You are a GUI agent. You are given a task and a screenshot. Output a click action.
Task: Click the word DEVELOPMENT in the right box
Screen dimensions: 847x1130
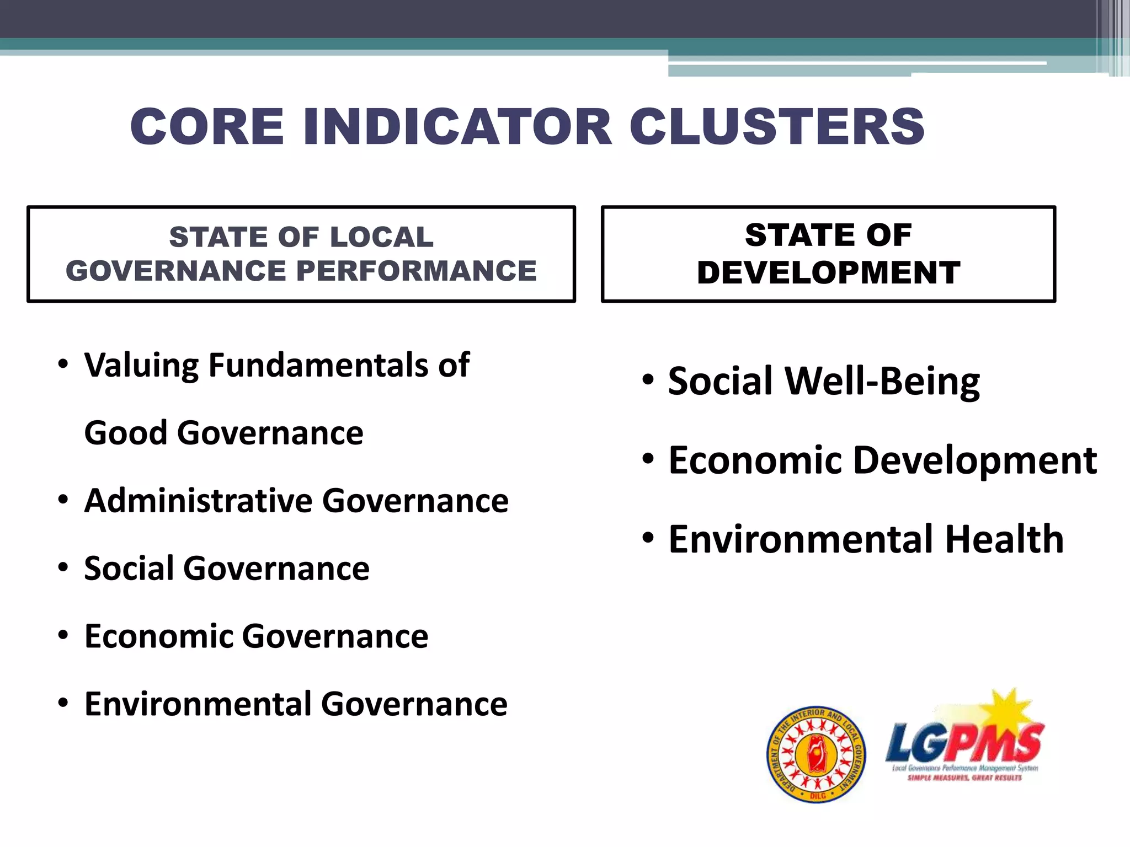tap(828, 272)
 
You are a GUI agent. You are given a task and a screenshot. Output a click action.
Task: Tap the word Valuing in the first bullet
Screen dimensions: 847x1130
tap(141, 366)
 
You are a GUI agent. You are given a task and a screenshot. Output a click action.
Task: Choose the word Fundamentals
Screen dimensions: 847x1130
tap(318, 365)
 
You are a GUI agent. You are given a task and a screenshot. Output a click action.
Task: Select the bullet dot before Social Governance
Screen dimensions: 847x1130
tap(63, 567)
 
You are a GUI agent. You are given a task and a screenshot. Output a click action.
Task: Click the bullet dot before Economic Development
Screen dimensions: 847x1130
tap(648, 458)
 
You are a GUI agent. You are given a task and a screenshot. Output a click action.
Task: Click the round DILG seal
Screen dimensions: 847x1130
tap(816, 755)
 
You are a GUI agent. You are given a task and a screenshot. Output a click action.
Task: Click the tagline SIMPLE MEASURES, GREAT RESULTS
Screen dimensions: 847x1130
tap(964, 778)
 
